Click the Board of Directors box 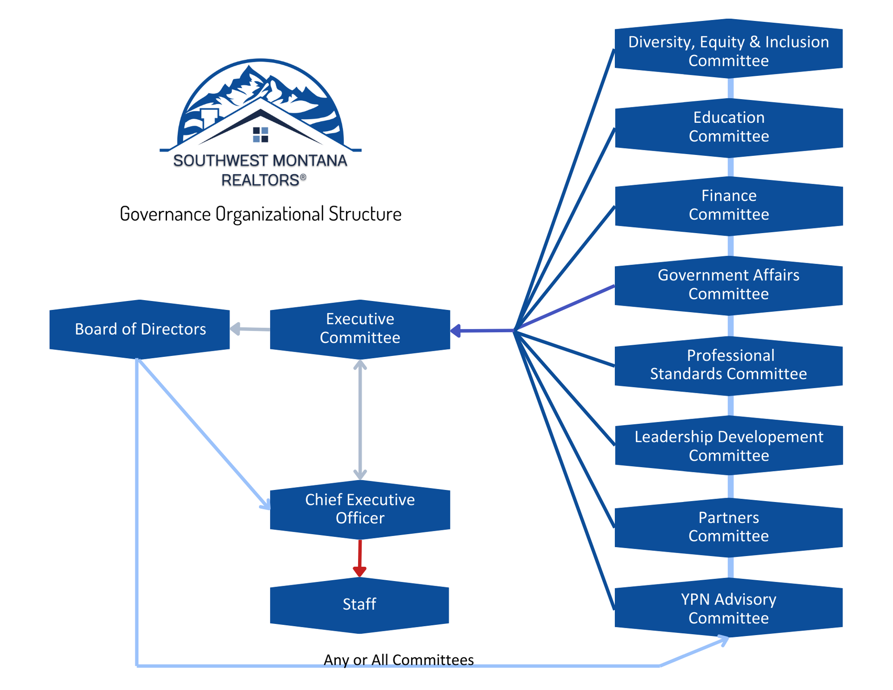click(140, 329)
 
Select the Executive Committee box click(360, 329)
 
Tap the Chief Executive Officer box click(360, 509)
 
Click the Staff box click(360, 604)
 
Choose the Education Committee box click(729, 127)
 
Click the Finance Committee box click(729, 205)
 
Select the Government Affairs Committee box click(728, 285)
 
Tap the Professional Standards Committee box click(728, 365)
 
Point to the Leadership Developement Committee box click(729, 446)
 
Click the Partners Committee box click(728, 527)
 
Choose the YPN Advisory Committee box click(728, 608)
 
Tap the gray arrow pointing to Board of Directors click(249, 329)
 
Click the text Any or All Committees click(399, 660)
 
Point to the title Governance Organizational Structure click(260, 214)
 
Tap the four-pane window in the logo click(260, 134)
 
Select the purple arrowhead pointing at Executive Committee click(456, 331)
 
